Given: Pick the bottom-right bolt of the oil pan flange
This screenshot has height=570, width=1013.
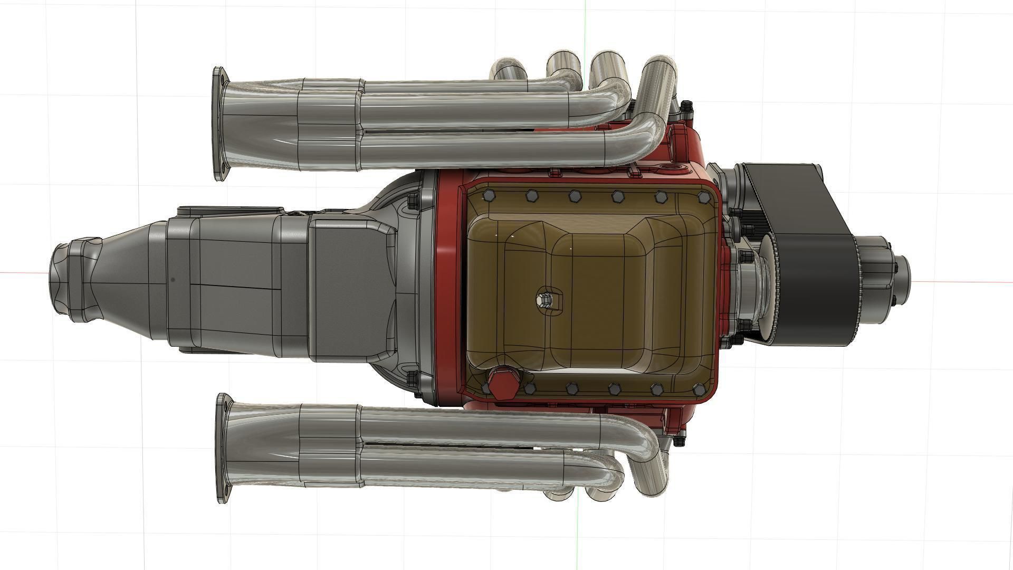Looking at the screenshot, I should tap(699, 390).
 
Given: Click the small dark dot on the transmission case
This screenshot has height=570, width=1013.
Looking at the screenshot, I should tap(174, 280).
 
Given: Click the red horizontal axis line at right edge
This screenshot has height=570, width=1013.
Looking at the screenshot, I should tap(976, 280).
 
